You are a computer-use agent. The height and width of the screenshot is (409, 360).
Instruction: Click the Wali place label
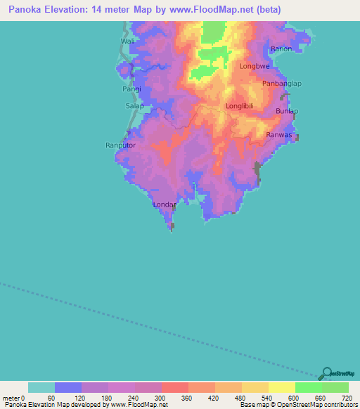[x=127, y=41]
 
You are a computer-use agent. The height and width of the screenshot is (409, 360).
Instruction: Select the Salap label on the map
[x=134, y=105]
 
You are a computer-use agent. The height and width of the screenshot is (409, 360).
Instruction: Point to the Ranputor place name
[x=120, y=145]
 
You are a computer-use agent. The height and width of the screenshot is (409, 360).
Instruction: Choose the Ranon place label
[x=281, y=48]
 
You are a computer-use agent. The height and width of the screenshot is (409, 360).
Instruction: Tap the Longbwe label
[x=255, y=67]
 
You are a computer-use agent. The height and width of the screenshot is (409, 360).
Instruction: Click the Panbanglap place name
[x=282, y=84]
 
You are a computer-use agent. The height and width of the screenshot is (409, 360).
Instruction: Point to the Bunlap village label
[x=287, y=112]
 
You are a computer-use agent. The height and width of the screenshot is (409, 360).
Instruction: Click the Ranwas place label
[x=280, y=135]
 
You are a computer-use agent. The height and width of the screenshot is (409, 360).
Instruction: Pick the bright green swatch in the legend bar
[x=308, y=387]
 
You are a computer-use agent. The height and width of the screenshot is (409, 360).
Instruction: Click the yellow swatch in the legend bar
[x=281, y=387]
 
